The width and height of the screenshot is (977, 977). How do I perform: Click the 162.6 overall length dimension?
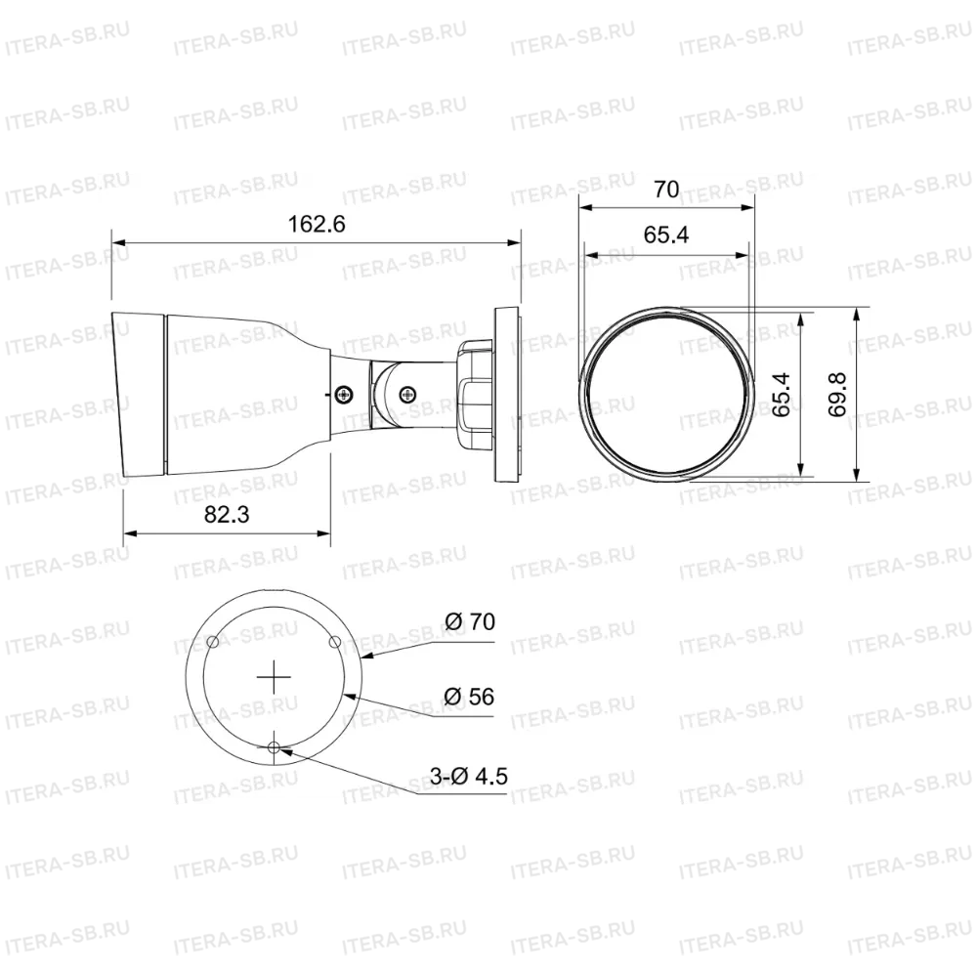pos(316,224)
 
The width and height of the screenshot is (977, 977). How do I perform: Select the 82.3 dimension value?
pos(227,514)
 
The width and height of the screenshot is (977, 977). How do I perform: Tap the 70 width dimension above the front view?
pos(666,189)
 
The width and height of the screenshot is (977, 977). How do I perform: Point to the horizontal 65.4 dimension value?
pos(666,234)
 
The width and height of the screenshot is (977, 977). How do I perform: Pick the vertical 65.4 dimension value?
pos(781,395)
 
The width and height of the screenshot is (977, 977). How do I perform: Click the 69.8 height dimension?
pos(837,395)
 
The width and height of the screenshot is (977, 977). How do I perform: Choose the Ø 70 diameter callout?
pos(471,621)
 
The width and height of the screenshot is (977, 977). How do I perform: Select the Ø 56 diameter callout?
pos(469,696)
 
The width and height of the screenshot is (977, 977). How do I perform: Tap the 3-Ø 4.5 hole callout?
pos(469,776)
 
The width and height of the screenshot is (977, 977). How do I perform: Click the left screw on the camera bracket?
pos(343,394)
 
